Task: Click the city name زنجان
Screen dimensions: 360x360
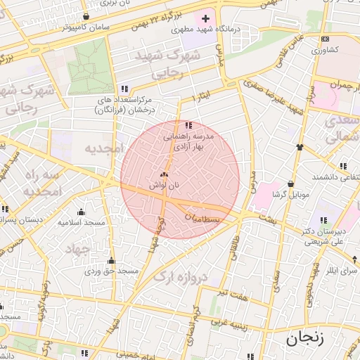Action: tap(304, 339)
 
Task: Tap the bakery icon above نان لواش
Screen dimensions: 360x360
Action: tap(164, 174)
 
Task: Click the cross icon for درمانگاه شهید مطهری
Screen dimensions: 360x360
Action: tap(205, 18)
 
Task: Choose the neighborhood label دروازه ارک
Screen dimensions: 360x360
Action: tap(181, 276)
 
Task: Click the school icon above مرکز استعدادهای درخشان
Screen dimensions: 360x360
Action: tap(124, 89)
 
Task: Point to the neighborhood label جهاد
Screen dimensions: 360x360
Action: tap(79, 249)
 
